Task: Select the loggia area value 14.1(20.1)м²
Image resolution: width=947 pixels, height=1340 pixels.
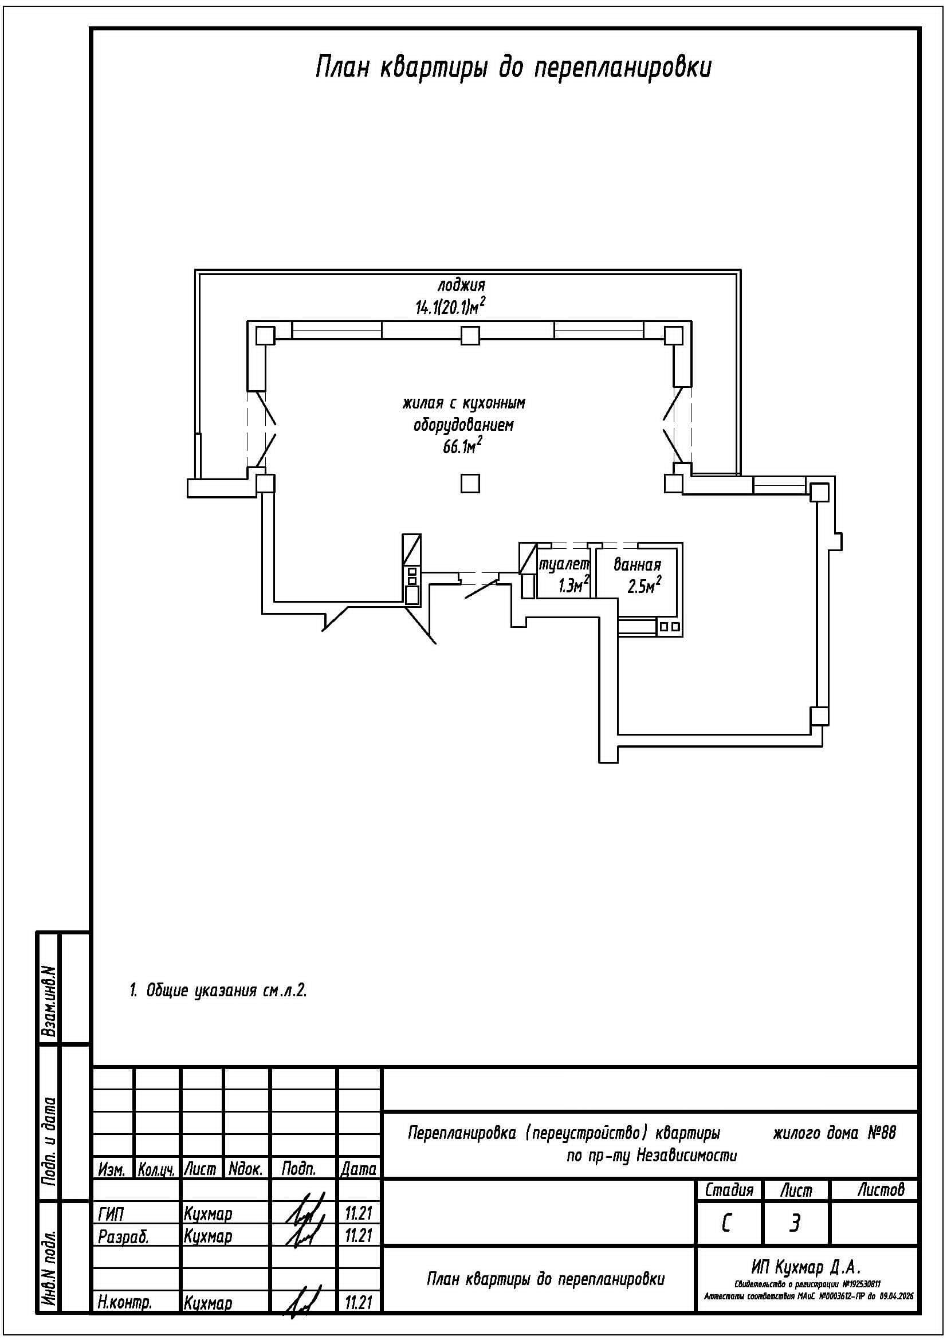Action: click(450, 306)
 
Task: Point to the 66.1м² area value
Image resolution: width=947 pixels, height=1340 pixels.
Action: click(463, 446)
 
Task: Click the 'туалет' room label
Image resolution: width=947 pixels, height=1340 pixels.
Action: click(564, 564)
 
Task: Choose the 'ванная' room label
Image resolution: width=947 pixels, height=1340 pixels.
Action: click(637, 564)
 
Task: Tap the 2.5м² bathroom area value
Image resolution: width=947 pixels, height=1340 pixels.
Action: click(644, 585)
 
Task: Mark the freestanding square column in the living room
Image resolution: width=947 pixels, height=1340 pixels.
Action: click(470, 484)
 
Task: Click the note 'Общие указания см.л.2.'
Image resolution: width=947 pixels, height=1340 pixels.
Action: click(218, 991)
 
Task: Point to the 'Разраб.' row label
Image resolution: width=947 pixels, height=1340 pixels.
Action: click(124, 1236)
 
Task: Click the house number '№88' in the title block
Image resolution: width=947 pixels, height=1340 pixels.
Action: click(882, 1133)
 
